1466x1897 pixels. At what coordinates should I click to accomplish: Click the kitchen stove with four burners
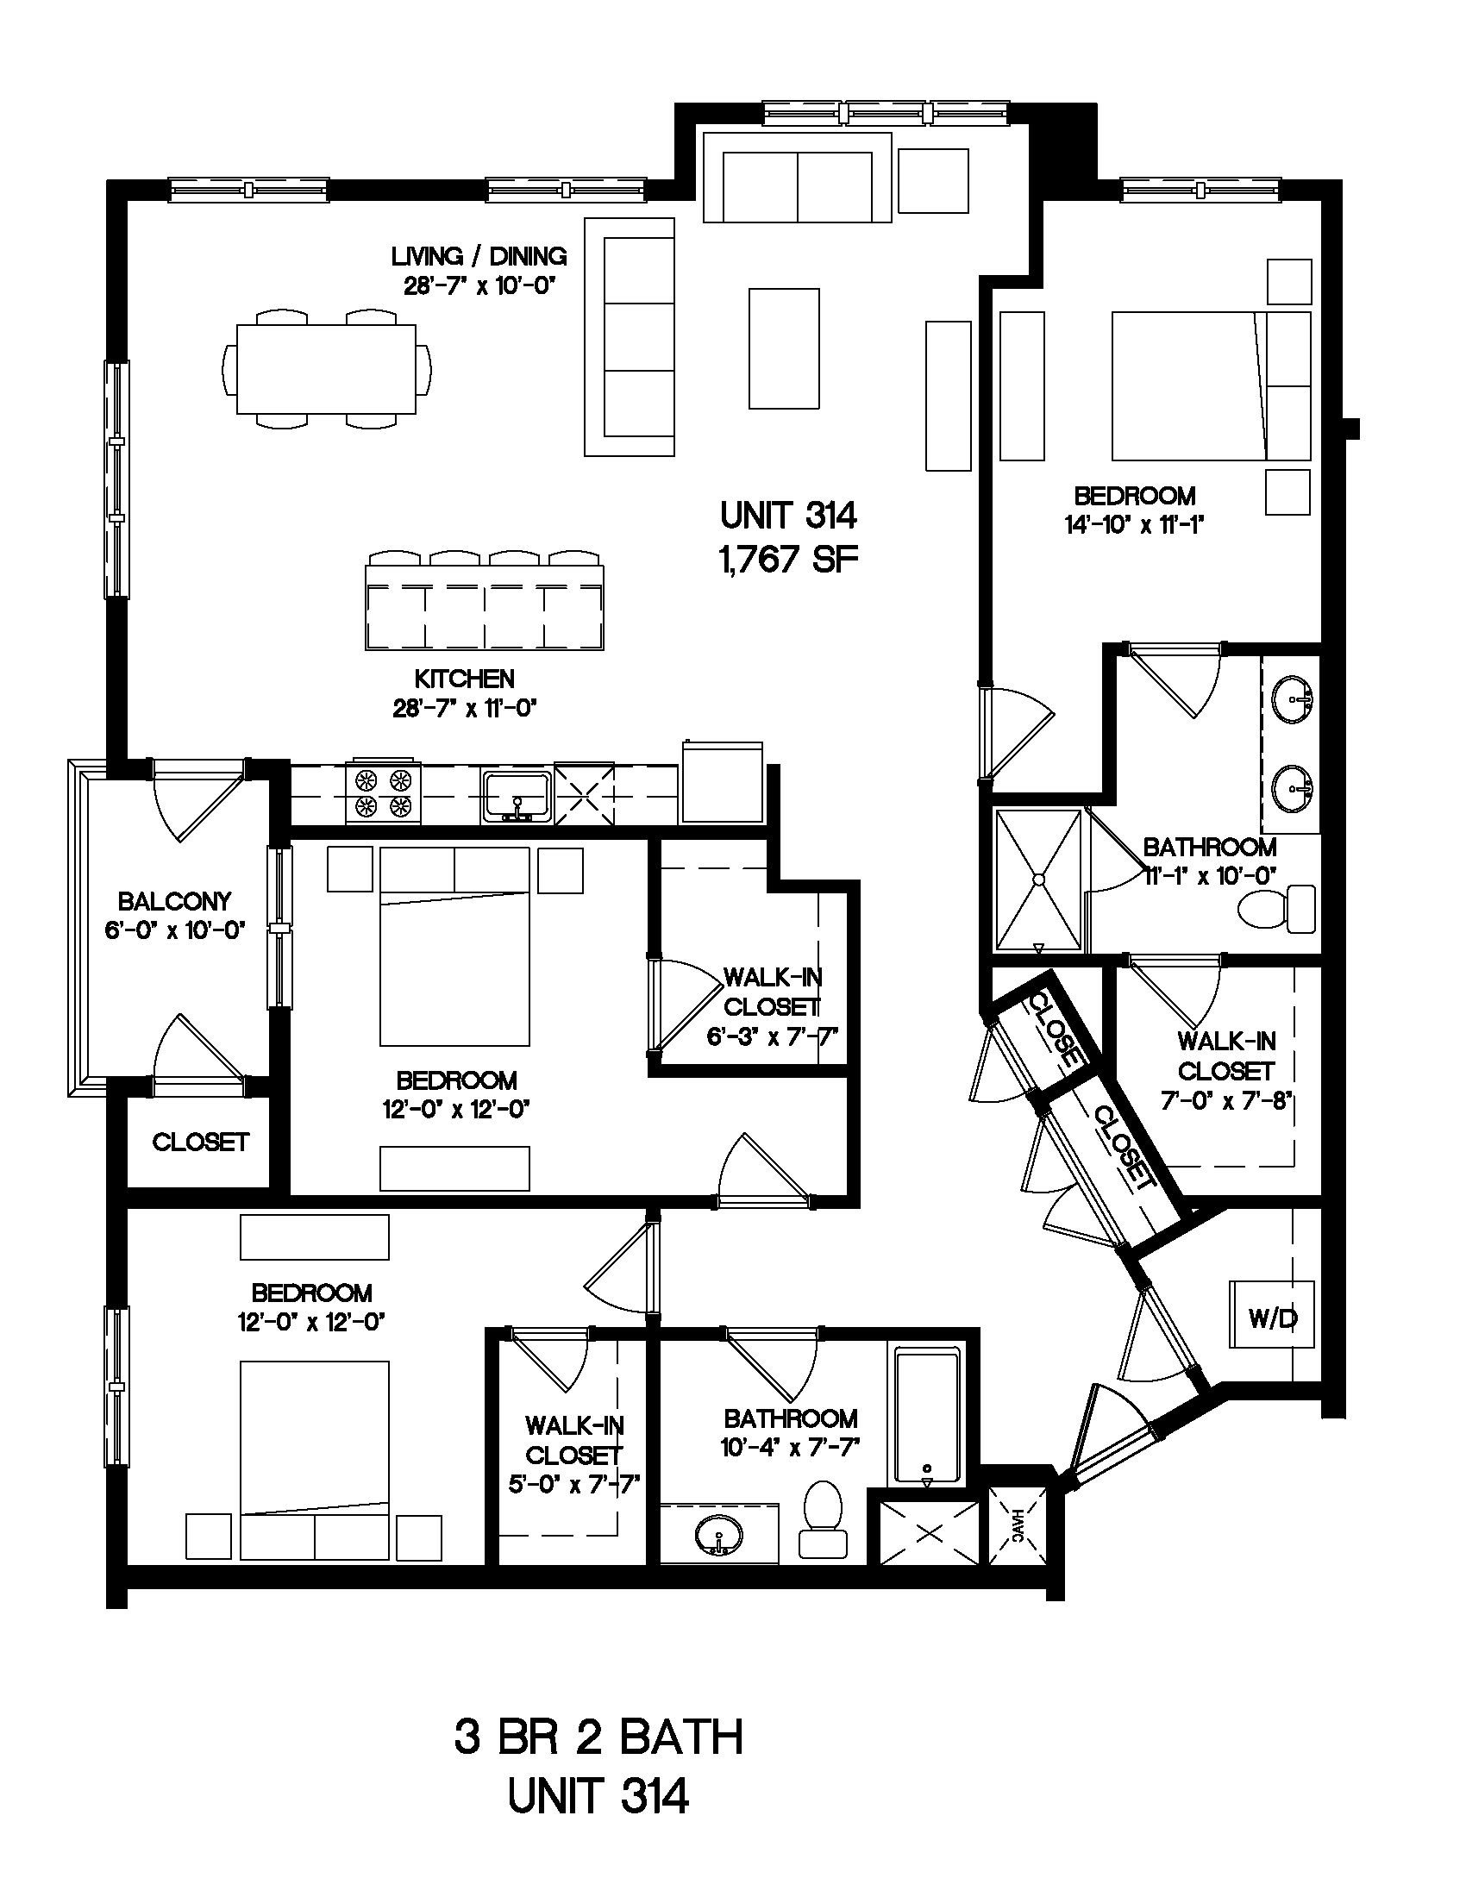coord(383,793)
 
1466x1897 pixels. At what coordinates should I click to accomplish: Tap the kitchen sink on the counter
coord(516,795)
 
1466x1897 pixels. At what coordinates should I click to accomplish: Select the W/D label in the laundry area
coord(1272,1320)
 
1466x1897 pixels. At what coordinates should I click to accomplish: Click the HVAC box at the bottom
coord(1018,1526)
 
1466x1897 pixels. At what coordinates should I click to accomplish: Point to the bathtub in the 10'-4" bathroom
coord(928,1416)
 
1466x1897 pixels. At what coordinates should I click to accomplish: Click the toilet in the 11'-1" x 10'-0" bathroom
coord(1275,910)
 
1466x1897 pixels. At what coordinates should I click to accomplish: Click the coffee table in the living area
coord(784,348)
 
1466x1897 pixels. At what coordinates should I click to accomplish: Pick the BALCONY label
coord(174,902)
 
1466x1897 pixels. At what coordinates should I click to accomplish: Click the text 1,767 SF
coord(788,560)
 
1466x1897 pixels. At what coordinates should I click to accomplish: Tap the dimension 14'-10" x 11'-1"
coord(1133,524)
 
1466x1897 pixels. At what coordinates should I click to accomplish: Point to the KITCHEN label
coord(465,679)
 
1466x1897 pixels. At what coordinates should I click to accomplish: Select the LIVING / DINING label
coord(479,256)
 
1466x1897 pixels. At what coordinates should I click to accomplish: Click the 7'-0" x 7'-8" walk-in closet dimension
coord(1227,1100)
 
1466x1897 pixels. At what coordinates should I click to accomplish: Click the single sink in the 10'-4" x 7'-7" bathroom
coord(719,1537)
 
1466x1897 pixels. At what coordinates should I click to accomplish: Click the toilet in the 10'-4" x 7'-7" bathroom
coord(823,1519)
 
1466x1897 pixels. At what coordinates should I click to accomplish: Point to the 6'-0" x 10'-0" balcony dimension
coord(175,931)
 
